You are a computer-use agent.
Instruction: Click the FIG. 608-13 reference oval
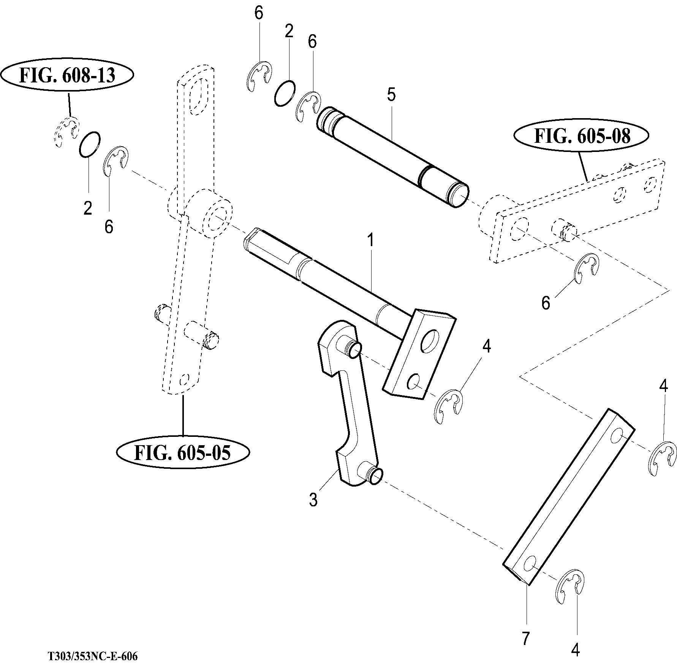pyautogui.click(x=67, y=76)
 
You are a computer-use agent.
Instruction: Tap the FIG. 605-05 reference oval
pyautogui.click(x=183, y=452)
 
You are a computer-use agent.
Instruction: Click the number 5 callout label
pyautogui.click(x=391, y=95)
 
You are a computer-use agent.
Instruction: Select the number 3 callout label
pyautogui.click(x=313, y=500)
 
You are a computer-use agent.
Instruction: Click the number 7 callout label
pyautogui.click(x=525, y=638)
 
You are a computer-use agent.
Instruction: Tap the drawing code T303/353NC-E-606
pyautogui.click(x=93, y=656)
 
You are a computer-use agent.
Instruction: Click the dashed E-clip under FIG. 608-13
pyautogui.click(x=65, y=132)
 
